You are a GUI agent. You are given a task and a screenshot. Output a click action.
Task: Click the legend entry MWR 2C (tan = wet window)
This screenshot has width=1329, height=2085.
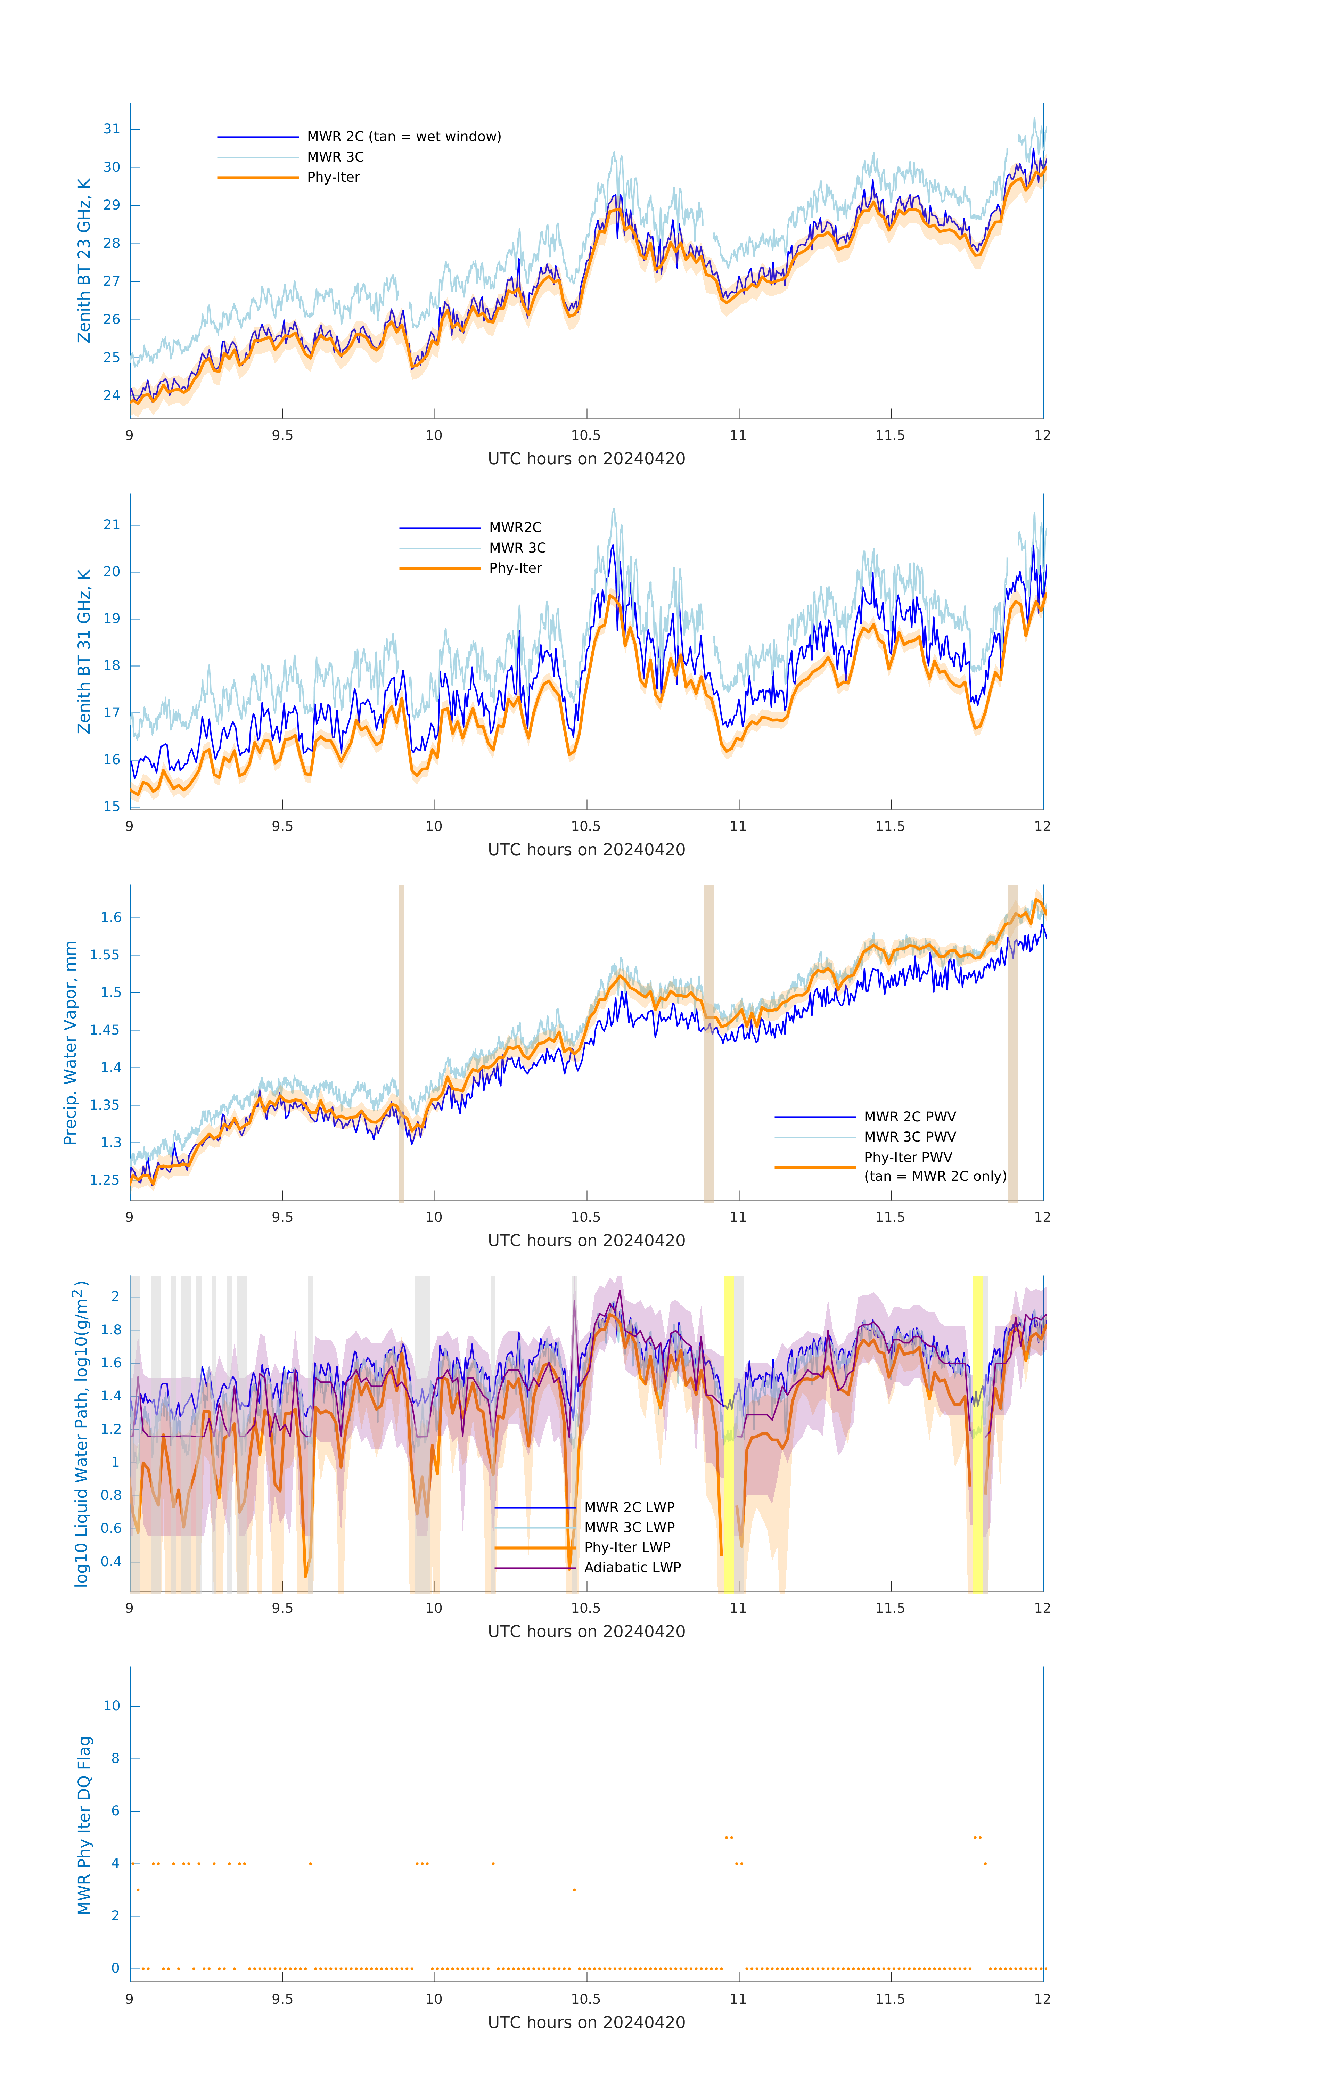pyautogui.click(x=403, y=137)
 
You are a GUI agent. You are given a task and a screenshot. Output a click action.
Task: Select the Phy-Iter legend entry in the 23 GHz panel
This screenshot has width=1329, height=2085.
pyautogui.click(x=333, y=178)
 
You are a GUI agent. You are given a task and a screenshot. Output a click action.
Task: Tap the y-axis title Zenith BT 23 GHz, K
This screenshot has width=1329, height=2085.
pyautogui.click(x=84, y=261)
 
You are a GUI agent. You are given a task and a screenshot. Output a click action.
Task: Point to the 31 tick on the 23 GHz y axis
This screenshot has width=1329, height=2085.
pyautogui.click(x=112, y=129)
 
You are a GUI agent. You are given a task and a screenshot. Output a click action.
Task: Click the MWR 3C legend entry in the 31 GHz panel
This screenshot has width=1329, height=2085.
pyautogui.click(x=517, y=548)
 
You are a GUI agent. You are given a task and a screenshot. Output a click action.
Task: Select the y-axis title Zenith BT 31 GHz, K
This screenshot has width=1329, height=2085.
pyautogui.click(x=84, y=652)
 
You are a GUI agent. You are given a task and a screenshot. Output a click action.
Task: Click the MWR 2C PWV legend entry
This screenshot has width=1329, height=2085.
pyautogui.click(x=909, y=1117)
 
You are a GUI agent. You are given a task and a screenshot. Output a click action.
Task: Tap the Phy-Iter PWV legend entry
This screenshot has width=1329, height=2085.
pyautogui.click(x=907, y=1158)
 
